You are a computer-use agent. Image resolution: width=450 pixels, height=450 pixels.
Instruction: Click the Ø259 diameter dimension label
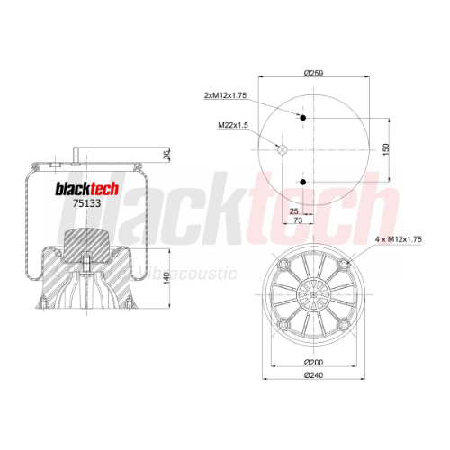click(x=314, y=73)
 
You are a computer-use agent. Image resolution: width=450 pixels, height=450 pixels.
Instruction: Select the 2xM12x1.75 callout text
click(x=225, y=95)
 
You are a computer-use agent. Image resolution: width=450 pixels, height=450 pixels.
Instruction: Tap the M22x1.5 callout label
click(x=233, y=125)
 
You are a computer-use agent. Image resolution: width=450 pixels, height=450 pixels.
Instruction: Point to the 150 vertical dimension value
click(x=386, y=149)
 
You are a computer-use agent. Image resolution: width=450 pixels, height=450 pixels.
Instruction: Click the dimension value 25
click(x=294, y=211)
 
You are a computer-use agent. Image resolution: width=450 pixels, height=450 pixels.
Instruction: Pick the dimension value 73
click(x=298, y=220)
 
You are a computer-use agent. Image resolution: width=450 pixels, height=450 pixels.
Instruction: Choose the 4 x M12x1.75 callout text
click(x=399, y=239)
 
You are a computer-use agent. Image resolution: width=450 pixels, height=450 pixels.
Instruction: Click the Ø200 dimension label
click(x=314, y=363)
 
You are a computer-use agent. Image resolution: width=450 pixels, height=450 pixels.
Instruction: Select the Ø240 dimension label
click(x=314, y=375)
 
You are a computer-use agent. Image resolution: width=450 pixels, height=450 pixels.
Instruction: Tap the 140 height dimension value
click(x=166, y=278)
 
